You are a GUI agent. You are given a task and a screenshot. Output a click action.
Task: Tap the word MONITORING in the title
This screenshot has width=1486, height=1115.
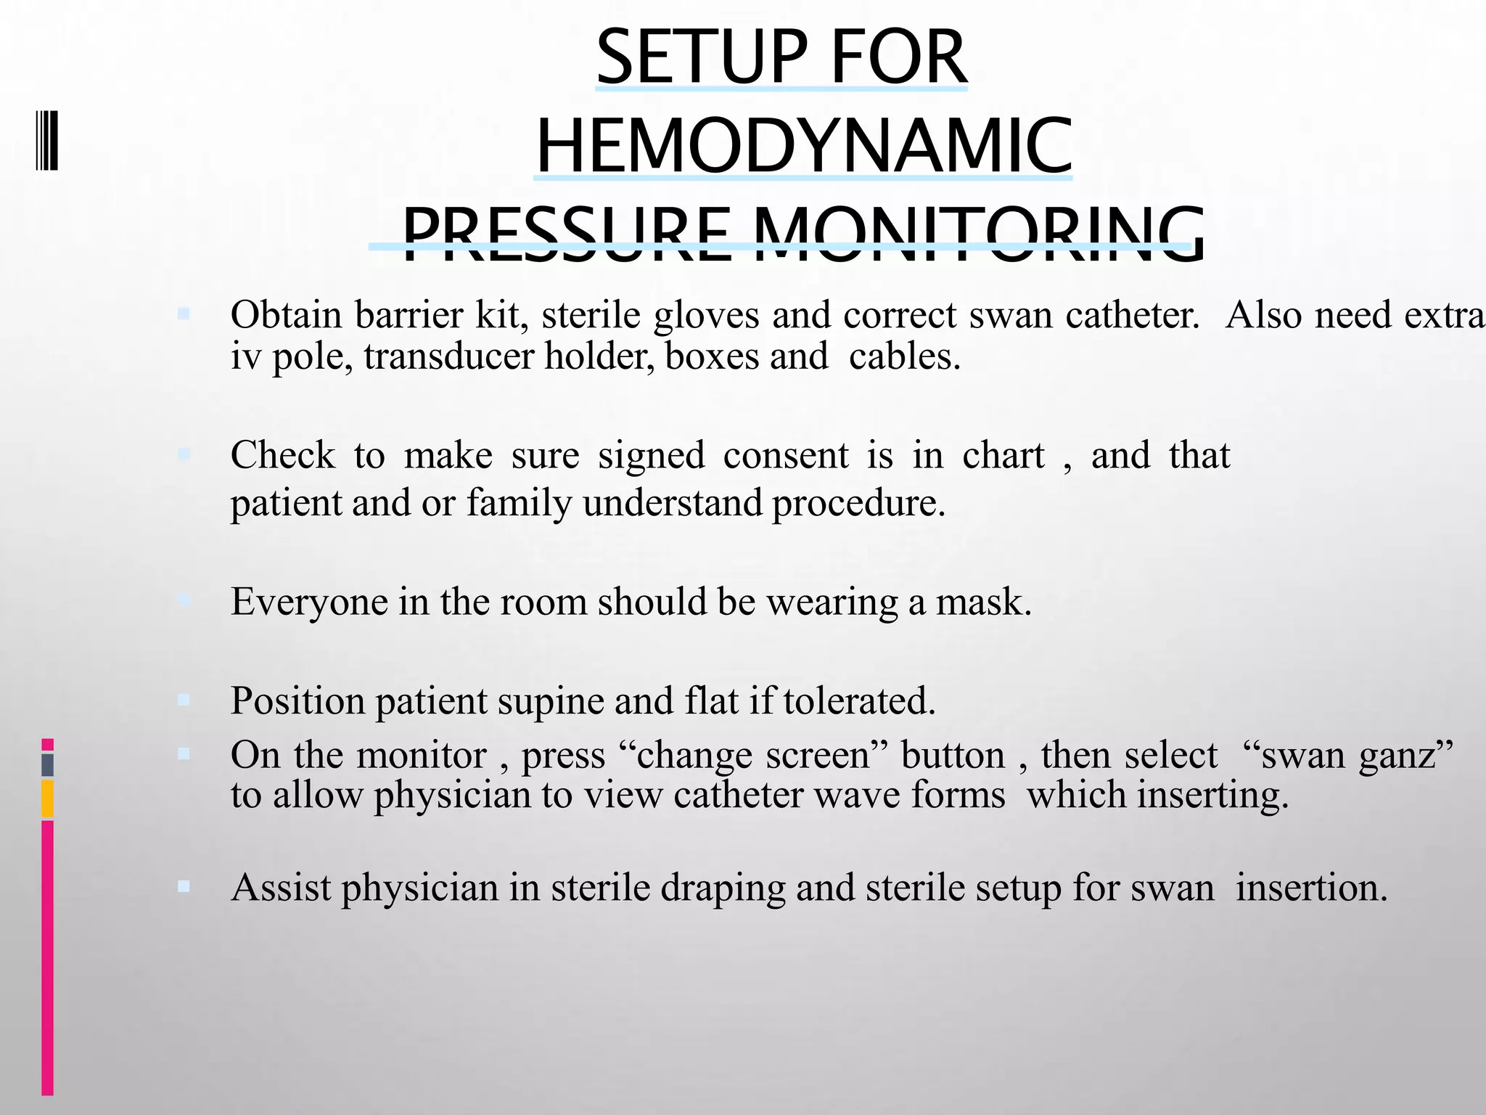[x=979, y=234]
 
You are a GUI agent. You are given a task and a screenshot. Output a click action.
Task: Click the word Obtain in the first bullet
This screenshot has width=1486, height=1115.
[x=286, y=316]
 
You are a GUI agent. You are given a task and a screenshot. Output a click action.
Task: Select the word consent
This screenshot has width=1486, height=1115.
[x=786, y=456]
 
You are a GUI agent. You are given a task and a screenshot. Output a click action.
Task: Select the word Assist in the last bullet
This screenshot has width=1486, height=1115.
[x=281, y=888]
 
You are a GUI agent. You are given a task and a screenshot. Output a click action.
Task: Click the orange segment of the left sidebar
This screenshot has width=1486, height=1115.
[x=47, y=799]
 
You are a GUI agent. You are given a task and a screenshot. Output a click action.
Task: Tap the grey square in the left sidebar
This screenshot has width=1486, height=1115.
[x=47, y=765]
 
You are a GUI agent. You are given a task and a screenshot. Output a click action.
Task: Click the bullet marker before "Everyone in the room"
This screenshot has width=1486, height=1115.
[x=184, y=600]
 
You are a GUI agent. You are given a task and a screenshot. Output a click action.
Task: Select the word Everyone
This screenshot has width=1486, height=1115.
[x=309, y=603]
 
